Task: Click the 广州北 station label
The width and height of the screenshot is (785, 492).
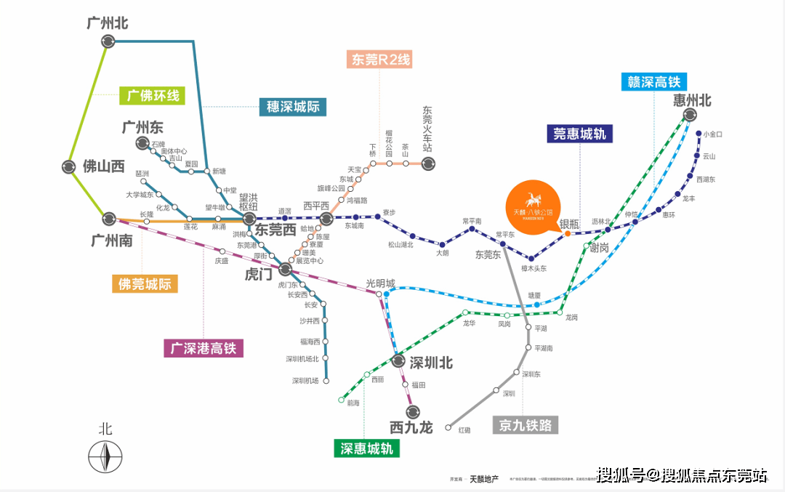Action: [107, 23]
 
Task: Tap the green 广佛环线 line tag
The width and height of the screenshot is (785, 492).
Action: [153, 95]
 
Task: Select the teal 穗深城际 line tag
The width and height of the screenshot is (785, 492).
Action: [292, 107]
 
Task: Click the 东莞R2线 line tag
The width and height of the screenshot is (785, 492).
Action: [382, 60]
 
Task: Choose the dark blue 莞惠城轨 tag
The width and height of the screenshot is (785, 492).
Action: [579, 133]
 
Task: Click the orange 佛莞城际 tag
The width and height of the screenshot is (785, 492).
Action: [145, 283]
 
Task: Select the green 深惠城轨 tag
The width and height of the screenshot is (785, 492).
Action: [367, 448]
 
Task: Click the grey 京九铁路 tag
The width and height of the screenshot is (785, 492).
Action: [526, 425]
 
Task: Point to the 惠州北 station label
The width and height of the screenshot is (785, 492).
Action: [692, 100]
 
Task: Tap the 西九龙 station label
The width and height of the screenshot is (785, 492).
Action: [411, 427]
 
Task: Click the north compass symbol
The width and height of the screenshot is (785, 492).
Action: [105, 456]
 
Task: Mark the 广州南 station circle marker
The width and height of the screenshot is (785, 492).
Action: [109, 217]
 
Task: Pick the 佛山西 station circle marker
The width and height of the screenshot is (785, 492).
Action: [68, 166]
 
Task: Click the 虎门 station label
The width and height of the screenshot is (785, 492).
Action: [259, 275]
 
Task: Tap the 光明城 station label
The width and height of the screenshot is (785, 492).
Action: [380, 283]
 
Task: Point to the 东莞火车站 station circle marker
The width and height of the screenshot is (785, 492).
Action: [428, 164]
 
